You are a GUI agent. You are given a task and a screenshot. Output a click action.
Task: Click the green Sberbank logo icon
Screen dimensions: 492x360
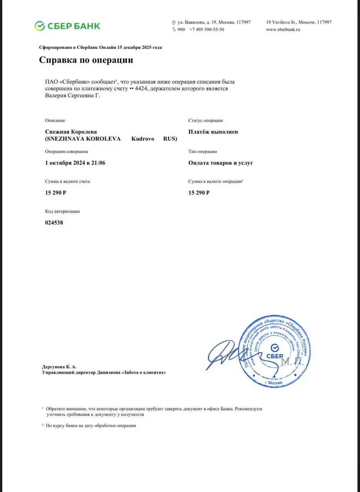click(x=40, y=26)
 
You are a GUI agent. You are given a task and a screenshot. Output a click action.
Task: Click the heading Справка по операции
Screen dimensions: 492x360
click(x=86, y=60)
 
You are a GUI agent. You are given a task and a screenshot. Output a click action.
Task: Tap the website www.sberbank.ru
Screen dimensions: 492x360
click(x=283, y=30)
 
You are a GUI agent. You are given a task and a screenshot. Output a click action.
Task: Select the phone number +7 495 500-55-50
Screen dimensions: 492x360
click(x=207, y=30)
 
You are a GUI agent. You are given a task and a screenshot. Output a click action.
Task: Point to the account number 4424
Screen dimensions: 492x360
click(x=143, y=89)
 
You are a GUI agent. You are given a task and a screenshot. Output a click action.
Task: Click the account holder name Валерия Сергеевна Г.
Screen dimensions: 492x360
click(x=73, y=96)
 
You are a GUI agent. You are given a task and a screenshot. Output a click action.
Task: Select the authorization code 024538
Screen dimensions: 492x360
click(x=54, y=223)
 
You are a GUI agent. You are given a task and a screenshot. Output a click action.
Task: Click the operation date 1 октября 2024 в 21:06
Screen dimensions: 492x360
click(x=75, y=163)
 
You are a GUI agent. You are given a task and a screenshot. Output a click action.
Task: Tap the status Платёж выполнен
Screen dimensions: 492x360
click(x=213, y=132)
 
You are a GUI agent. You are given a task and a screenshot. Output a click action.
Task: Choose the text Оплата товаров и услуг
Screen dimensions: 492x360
click(x=221, y=163)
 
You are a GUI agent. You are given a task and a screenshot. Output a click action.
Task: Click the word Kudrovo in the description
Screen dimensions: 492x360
click(x=143, y=139)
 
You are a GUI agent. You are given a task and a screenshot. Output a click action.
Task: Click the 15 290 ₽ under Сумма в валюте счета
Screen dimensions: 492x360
click(x=56, y=193)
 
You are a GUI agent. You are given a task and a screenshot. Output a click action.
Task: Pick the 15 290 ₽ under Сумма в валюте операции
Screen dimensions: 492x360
click(x=199, y=193)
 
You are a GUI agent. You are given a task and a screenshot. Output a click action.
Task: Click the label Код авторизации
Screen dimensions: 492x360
click(x=63, y=211)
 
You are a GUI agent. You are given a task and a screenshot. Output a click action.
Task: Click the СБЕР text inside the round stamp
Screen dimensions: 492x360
click(x=274, y=356)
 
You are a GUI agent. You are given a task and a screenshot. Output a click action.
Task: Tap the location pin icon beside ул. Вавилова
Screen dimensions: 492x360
click(x=174, y=23)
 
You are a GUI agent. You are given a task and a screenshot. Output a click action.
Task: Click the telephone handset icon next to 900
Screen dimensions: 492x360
click(x=174, y=30)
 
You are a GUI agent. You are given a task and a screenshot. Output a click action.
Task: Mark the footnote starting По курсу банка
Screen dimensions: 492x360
click(x=91, y=426)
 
